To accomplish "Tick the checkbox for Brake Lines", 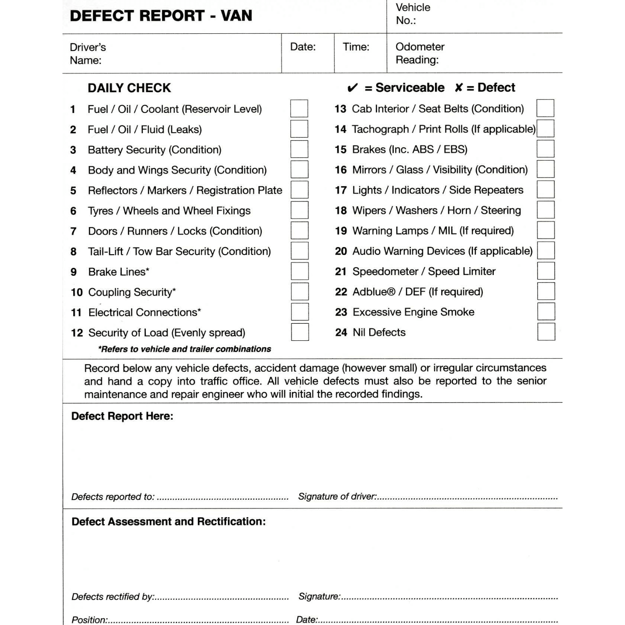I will click(x=300, y=271).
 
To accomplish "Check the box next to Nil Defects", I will click(x=546, y=332).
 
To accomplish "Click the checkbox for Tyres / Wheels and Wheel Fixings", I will click(x=300, y=210).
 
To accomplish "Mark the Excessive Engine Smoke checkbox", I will click(x=546, y=312).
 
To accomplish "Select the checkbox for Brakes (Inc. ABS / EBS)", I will click(x=545, y=149).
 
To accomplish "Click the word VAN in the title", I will click(x=236, y=16).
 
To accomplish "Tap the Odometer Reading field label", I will click(x=420, y=53).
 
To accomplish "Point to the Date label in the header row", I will click(x=303, y=47).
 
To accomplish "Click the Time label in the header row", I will click(x=356, y=47).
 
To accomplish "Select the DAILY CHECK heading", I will click(x=129, y=88).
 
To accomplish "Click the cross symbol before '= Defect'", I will click(x=459, y=87).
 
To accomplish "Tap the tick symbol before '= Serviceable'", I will click(x=352, y=88).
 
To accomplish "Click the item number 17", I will click(x=341, y=190).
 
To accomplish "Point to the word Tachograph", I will click(x=380, y=129).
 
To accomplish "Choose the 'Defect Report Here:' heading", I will click(x=122, y=416).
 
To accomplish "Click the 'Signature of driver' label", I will click(x=337, y=496).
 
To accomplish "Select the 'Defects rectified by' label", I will click(x=112, y=597).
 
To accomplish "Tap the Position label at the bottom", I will click(x=89, y=620).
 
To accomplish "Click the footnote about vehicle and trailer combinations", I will click(x=185, y=349).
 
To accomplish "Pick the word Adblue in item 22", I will click(x=373, y=292).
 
